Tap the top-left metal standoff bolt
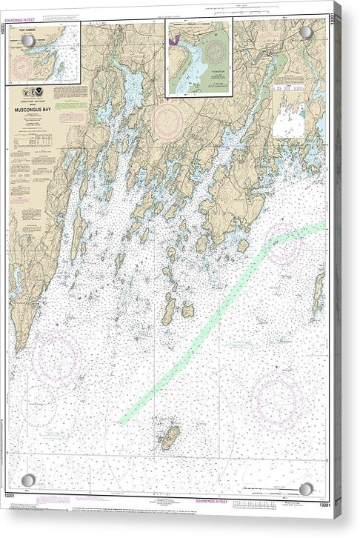(x=27, y=42)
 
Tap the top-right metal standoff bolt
(x=306, y=32)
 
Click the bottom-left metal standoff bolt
(x=27, y=480)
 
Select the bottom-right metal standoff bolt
(x=306, y=488)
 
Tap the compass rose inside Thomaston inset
(x=216, y=53)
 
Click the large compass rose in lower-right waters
(x=275, y=401)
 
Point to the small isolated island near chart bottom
(x=170, y=438)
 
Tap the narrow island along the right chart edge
(x=319, y=290)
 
